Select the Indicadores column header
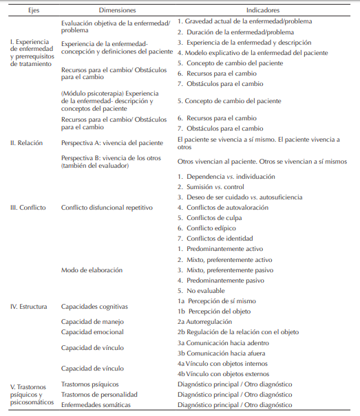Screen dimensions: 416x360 coord(264,10)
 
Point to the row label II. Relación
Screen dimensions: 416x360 coord(26,143)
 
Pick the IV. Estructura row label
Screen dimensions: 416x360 coord(30,306)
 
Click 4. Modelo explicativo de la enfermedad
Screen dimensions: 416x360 coord(253,53)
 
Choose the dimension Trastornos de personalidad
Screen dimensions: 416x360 coord(99,395)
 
